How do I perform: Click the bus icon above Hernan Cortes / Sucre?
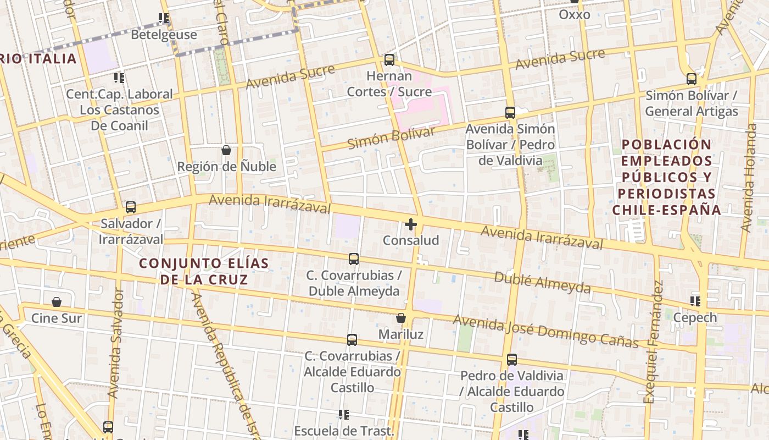389,59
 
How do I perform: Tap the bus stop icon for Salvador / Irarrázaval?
131,207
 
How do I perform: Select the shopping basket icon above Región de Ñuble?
226,150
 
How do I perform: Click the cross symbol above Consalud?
411,224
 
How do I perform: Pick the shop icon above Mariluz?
401,318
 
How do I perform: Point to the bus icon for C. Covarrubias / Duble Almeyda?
354,258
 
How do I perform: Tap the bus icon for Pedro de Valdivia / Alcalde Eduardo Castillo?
512,360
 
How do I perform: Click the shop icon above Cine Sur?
57,302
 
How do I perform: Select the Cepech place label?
695,317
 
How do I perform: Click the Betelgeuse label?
164,35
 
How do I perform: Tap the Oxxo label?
575,15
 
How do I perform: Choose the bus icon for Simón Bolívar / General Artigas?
692,79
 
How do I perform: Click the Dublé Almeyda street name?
542,282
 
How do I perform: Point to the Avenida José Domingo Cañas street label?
545,331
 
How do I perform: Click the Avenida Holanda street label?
749,177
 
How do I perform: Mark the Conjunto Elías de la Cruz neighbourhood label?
204,271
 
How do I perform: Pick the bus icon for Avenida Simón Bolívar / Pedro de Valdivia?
510,113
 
